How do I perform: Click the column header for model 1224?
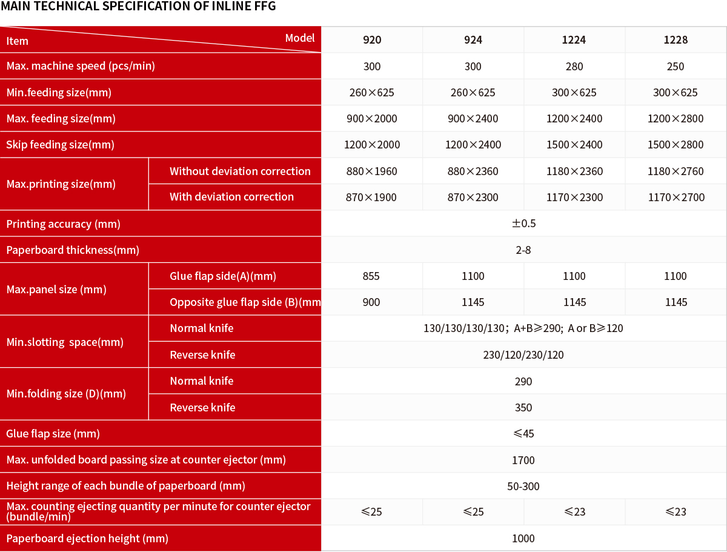point(574,40)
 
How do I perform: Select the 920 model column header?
point(372,40)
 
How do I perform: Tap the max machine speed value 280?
point(574,67)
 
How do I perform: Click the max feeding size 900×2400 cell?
point(473,119)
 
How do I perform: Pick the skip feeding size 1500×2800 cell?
point(675,145)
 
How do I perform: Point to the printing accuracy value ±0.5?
point(523,224)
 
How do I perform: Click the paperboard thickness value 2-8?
point(523,250)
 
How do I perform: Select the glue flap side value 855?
point(371,276)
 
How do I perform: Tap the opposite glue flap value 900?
point(371,302)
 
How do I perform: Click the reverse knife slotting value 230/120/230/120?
point(523,355)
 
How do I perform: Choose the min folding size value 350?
point(523,408)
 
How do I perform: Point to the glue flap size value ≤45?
point(523,434)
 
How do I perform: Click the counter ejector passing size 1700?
point(523,460)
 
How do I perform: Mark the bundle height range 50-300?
point(523,486)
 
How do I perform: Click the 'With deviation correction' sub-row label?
point(231,197)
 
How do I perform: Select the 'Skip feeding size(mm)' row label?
point(60,145)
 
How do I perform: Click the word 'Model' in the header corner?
point(300,38)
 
